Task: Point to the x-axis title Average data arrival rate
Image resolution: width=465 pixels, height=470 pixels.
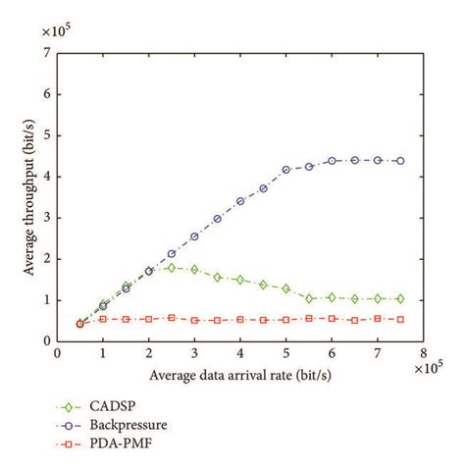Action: [238, 376]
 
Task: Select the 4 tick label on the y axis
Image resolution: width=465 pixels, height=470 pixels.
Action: [47, 177]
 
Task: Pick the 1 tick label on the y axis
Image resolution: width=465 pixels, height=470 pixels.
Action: [47, 300]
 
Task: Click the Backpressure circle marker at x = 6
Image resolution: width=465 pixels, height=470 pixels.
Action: [333, 161]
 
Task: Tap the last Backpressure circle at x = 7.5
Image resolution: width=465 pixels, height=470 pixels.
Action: [400, 161]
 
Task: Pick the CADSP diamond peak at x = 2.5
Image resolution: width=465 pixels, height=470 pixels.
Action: [172, 267]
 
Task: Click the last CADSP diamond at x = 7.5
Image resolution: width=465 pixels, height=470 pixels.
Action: [400, 298]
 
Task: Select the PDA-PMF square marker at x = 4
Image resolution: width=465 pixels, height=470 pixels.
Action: [240, 320]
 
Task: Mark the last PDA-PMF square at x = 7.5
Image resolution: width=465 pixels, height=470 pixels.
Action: [400, 319]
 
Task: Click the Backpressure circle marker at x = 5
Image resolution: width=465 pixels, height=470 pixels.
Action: [286, 170]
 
